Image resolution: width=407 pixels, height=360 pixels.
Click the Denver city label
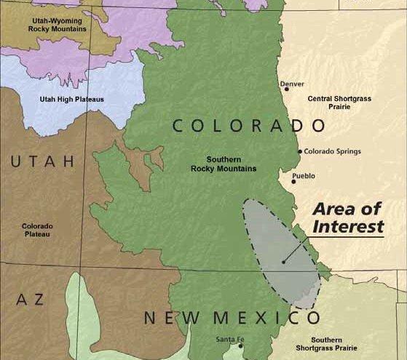coord(293,84)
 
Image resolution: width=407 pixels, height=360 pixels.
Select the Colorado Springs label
coord(332,151)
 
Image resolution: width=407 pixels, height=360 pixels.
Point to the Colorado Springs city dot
coord(299,152)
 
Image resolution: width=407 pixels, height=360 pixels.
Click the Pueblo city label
coord(304,176)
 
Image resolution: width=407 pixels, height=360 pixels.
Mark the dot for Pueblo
coord(293,182)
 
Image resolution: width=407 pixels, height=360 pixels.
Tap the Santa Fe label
coord(230,340)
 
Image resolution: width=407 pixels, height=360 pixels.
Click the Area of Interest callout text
coord(347,217)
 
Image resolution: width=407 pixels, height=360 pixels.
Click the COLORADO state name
coord(238,126)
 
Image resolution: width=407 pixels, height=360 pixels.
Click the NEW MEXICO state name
coord(232,318)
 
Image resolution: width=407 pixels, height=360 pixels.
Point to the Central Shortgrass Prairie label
coord(339,103)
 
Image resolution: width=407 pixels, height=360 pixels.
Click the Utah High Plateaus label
coord(61,100)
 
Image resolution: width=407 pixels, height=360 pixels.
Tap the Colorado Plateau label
coord(37,231)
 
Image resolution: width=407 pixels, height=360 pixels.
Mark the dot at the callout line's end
coord(283,262)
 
